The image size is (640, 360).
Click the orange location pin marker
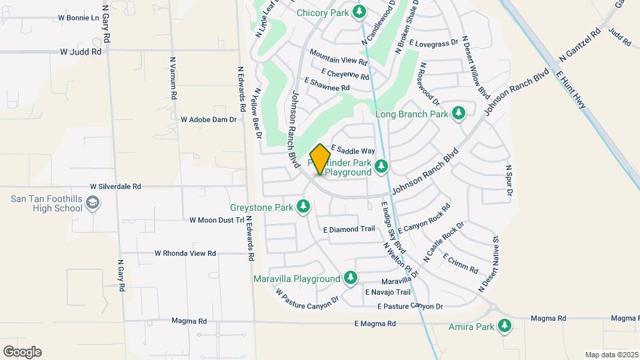tap(320, 159)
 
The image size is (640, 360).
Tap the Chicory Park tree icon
tap(359, 11)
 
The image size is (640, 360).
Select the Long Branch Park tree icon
tap(458, 113)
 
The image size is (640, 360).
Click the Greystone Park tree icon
tap(303, 207)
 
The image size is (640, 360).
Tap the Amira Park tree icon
tap(505, 326)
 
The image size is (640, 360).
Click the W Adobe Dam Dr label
tap(209, 120)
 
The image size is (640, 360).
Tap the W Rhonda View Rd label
tap(185, 253)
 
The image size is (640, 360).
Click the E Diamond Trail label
tap(349, 229)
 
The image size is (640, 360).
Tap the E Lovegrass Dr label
tap(435, 43)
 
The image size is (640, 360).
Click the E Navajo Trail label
tap(387, 292)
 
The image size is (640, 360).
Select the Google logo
tap(22, 352)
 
